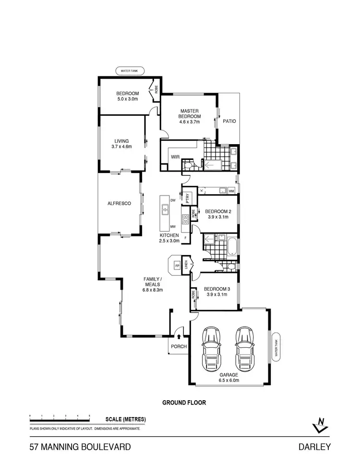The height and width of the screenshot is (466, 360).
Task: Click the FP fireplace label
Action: pyautogui.click(x=177, y=265)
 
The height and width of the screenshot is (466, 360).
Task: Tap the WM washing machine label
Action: pyautogui.click(x=231, y=191)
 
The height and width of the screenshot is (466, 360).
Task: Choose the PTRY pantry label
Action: pyautogui.click(x=188, y=196)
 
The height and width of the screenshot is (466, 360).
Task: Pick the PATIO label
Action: pyautogui.click(x=229, y=122)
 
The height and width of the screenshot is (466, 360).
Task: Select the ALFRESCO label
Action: pyautogui.click(x=119, y=204)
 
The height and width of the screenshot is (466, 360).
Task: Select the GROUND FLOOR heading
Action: pyautogui.click(x=184, y=403)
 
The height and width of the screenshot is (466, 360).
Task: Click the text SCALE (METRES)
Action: pyautogui.click(x=125, y=419)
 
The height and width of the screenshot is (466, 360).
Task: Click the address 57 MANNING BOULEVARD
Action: pyautogui.click(x=80, y=447)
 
